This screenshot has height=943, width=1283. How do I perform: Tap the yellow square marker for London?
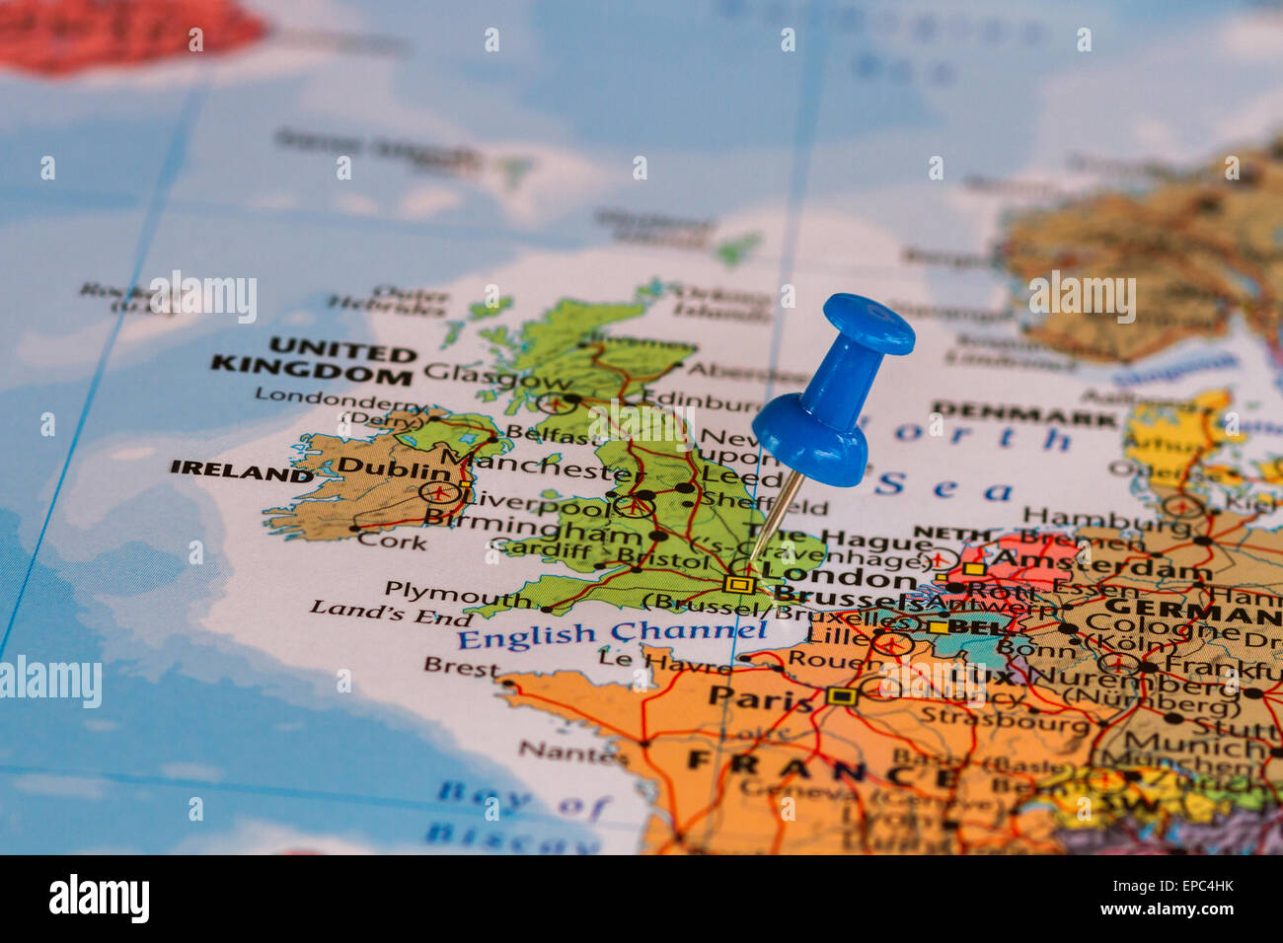pos(737,584)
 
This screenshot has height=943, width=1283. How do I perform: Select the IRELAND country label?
pos(241,470)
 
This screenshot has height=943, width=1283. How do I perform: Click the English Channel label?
pos(611,634)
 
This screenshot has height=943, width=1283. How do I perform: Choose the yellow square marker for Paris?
pos(841,696)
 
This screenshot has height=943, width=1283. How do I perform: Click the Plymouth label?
pos(457,593)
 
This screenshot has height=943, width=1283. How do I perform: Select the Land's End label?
pos(391,613)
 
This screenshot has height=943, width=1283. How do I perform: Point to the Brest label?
pos(462,668)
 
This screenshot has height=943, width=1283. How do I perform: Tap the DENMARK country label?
pos(1022,412)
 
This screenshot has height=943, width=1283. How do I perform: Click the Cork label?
pos(392,541)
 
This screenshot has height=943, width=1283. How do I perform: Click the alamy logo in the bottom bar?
pos(99,899)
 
